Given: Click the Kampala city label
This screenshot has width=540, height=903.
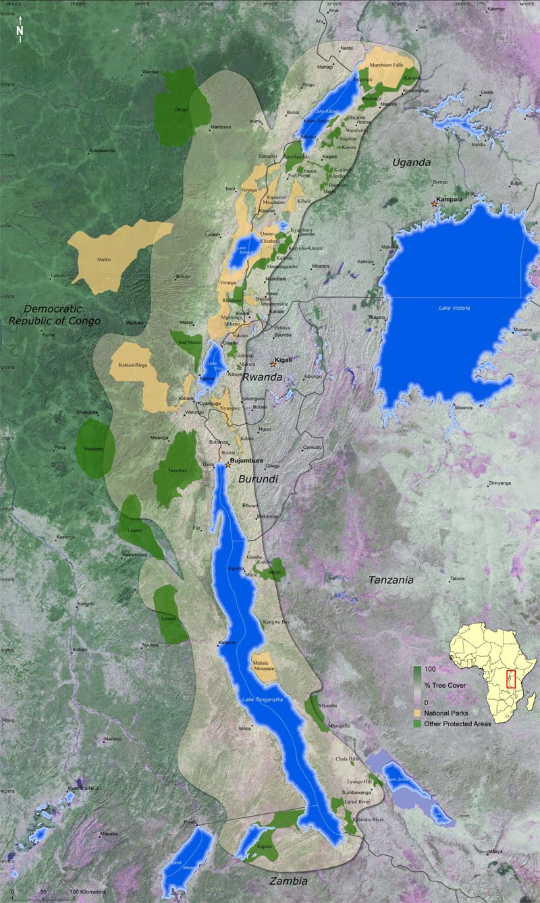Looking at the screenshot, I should (450, 199).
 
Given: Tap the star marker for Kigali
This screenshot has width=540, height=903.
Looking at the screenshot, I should (273, 364).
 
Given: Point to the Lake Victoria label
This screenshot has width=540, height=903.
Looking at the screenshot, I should (452, 308).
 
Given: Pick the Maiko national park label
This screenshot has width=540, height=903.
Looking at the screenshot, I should (103, 259).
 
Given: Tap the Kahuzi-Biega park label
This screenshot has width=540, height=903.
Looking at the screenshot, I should (133, 365).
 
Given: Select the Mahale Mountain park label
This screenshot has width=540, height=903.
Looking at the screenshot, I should (264, 664).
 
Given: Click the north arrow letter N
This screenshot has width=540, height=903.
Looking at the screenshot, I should (20, 30).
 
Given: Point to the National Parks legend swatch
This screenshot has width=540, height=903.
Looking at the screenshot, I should (418, 713).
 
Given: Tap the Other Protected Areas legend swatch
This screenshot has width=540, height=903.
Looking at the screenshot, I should (418, 723).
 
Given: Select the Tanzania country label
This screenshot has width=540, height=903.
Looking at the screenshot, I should (391, 580).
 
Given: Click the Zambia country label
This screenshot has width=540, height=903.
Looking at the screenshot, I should (288, 881).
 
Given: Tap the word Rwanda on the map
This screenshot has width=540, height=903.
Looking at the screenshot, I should (262, 377).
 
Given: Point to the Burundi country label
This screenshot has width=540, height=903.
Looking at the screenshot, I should (259, 480).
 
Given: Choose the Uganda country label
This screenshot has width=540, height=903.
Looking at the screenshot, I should (412, 163).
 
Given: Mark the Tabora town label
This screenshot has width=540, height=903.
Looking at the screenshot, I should (458, 578).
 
